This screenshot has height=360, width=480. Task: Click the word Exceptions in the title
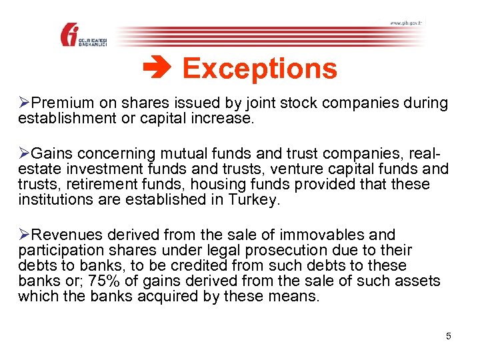pyautogui.click(x=259, y=69)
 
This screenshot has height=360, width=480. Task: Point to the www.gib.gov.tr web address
pyautogui.click(x=405, y=23)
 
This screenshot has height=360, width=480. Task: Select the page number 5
pyautogui.click(x=449, y=336)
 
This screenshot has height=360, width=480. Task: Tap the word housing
pyautogui.click(x=210, y=184)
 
